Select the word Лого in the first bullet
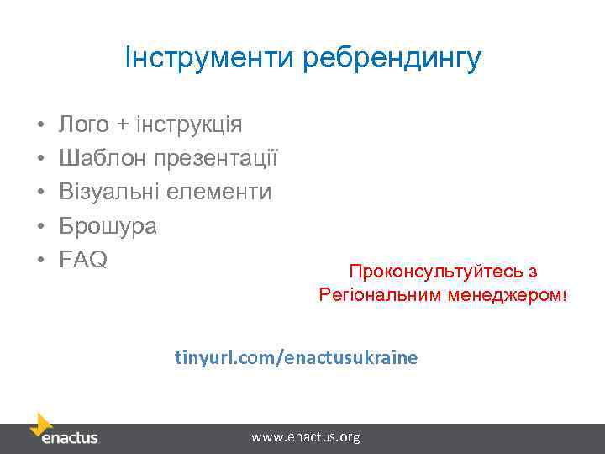coord(84,125)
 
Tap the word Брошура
coord(108,226)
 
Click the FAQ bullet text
coord(83,260)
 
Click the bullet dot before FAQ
coord(40,261)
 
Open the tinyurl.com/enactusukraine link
coord(296,357)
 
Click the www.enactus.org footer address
coord(306,437)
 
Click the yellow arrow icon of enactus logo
coord(41,423)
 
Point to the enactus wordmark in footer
coord(70,438)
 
